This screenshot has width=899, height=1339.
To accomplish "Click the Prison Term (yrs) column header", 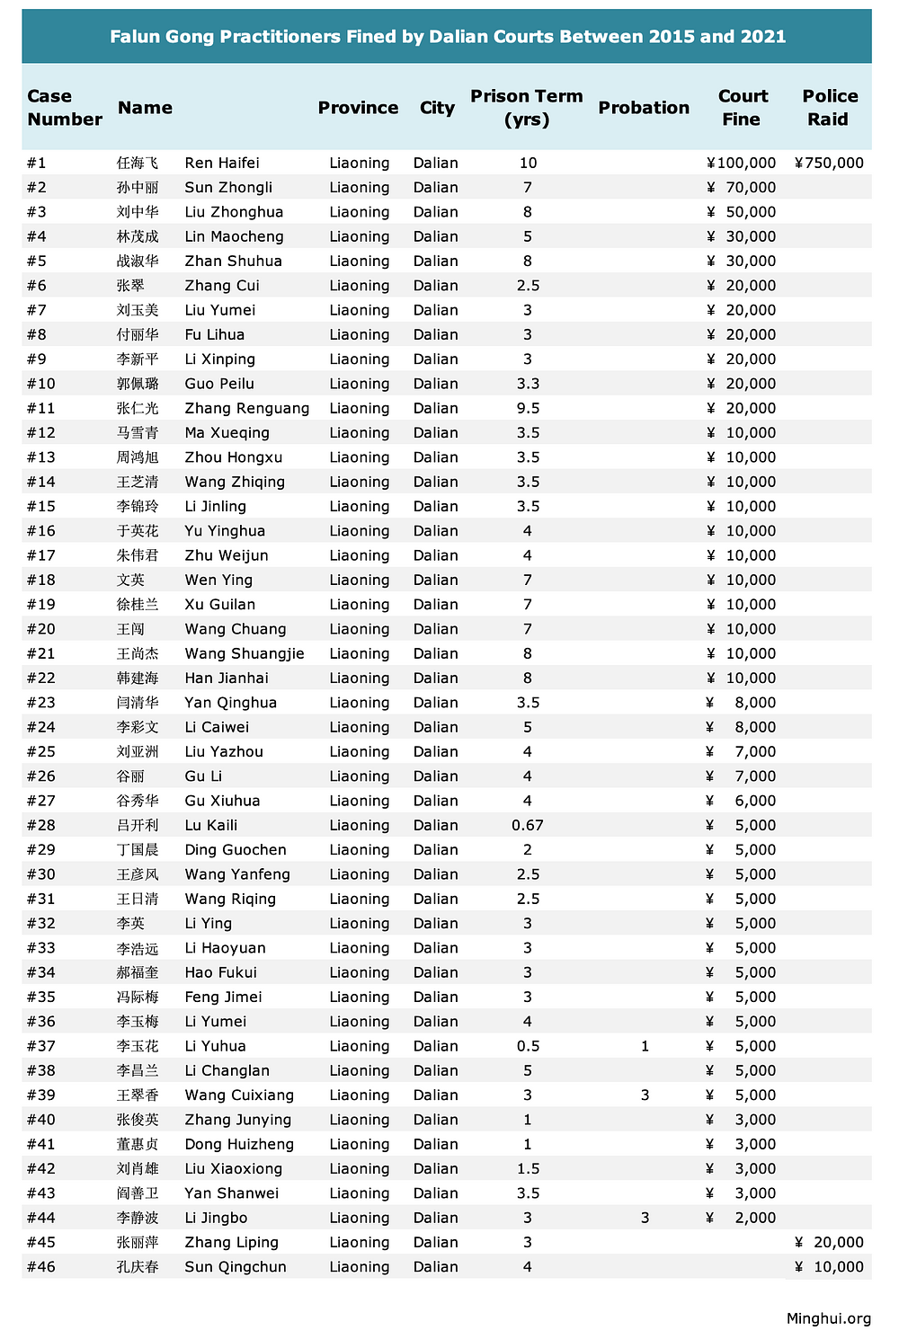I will click(x=527, y=108).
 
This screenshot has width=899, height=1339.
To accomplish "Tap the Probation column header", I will click(x=644, y=108).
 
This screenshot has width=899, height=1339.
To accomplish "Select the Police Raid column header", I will click(x=830, y=108).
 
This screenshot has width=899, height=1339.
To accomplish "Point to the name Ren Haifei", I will click(x=222, y=163).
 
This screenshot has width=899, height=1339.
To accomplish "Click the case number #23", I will click(x=41, y=703).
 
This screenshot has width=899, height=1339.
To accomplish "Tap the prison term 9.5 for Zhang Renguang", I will click(x=528, y=408).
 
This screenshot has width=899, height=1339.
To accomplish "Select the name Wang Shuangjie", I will click(x=245, y=653).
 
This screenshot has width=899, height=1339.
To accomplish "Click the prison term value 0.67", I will click(x=528, y=825).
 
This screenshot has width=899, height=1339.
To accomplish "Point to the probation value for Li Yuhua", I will click(x=645, y=1046).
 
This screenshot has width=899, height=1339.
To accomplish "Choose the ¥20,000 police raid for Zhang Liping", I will click(x=830, y=1242).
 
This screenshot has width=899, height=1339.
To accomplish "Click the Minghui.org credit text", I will click(x=828, y=1318).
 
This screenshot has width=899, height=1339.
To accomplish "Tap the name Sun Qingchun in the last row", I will click(x=236, y=1267).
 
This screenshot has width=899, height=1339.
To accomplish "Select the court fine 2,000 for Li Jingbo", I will click(x=755, y=1218).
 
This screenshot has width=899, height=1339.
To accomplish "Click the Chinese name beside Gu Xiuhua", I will click(x=138, y=801).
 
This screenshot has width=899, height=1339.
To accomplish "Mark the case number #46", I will click(x=41, y=1267).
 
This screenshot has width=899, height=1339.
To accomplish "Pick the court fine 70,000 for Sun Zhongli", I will click(x=751, y=187).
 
